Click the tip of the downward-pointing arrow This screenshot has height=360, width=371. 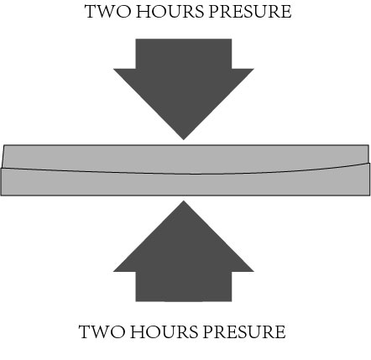(x=184, y=139)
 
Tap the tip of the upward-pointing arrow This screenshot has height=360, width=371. (x=184, y=201)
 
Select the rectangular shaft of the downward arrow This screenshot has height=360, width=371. (x=184, y=54)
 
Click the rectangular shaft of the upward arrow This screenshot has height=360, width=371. (x=184, y=286)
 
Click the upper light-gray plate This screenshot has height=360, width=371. (x=185, y=158)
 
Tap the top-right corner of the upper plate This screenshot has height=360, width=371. (x=368, y=145)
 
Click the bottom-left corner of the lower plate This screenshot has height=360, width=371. (x=1, y=196)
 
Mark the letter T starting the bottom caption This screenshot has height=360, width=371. (x=85, y=332)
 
